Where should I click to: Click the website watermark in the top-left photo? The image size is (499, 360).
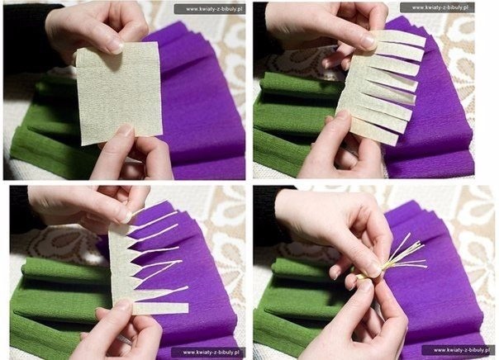tap(210, 9)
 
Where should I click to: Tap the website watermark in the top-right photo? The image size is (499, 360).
tap(437, 7)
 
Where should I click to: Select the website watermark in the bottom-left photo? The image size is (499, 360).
tap(208, 352)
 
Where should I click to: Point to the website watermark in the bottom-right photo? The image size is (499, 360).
tap(459, 350)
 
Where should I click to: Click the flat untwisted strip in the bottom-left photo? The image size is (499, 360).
tap(161, 308)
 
